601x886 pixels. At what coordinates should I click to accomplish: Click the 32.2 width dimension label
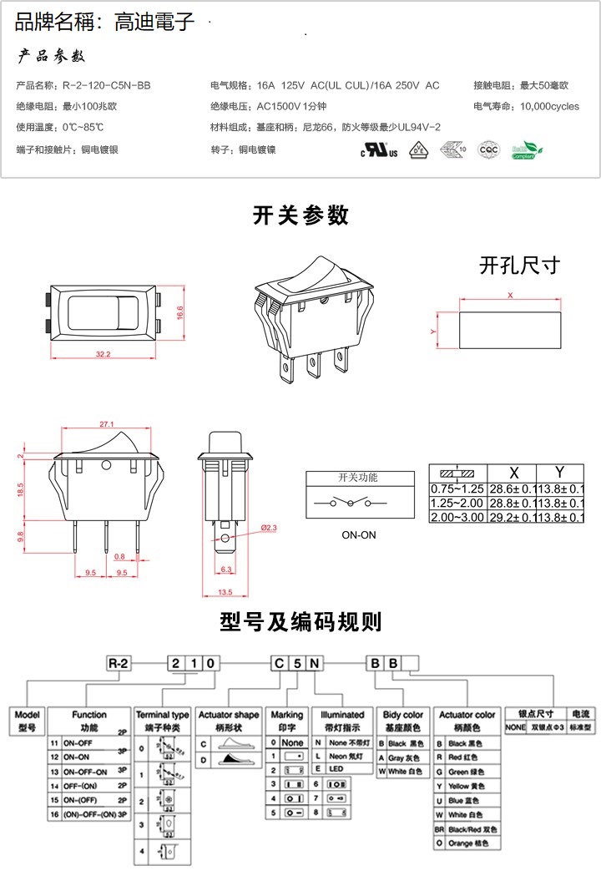pyautogui.click(x=103, y=355)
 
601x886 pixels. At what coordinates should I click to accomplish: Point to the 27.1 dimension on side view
pyautogui.click(x=106, y=424)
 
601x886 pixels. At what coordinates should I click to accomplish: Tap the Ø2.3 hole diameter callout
pyautogui.click(x=270, y=528)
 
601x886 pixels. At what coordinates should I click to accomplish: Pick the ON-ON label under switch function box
pyautogui.click(x=359, y=535)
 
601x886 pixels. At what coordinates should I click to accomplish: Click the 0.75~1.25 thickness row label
pyautogui.click(x=457, y=488)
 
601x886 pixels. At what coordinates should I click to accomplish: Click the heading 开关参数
pyautogui.click(x=300, y=215)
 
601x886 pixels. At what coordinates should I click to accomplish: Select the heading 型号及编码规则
pyautogui.click(x=300, y=621)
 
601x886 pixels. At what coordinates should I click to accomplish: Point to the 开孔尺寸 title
pyautogui.click(x=518, y=266)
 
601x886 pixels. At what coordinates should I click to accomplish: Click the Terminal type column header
pyautogui.click(x=163, y=715)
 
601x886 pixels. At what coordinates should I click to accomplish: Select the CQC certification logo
pyautogui.click(x=487, y=150)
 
